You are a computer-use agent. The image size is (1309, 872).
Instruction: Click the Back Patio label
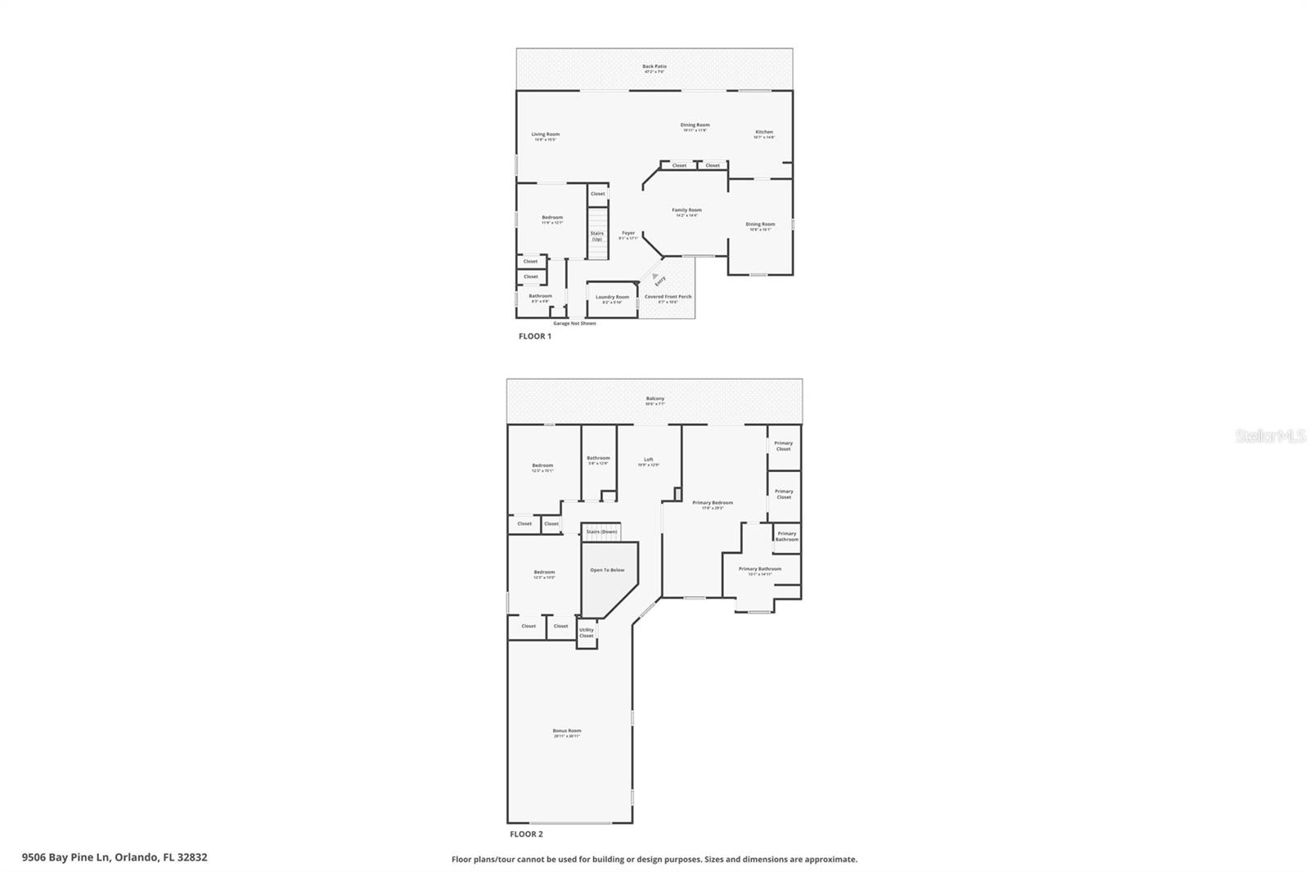(x=654, y=67)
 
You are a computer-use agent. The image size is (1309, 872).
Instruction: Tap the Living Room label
(x=545, y=135)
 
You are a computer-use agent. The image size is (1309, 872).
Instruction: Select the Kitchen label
(x=763, y=133)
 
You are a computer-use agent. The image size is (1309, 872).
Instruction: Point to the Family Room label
(x=686, y=211)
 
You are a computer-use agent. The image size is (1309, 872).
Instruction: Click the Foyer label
(x=628, y=234)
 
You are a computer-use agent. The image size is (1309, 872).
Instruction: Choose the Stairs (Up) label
(x=597, y=236)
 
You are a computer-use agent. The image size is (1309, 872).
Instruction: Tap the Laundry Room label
(x=612, y=298)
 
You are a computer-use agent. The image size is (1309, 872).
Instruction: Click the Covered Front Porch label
(x=668, y=298)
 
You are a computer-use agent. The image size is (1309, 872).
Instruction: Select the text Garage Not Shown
(x=574, y=323)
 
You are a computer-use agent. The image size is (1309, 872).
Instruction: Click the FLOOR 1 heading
(x=535, y=336)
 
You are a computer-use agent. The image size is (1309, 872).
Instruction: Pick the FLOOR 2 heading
(x=526, y=834)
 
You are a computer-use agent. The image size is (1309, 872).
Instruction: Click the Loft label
(x=648, y=461)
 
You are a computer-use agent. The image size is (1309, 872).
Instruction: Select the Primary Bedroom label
(x=712, y=504)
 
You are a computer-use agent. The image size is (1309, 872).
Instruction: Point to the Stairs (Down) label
(x=601, y=532)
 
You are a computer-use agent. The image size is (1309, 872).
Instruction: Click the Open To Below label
(x=607, y=570)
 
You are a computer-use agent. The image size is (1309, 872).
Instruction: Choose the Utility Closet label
(x=587, y=632)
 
